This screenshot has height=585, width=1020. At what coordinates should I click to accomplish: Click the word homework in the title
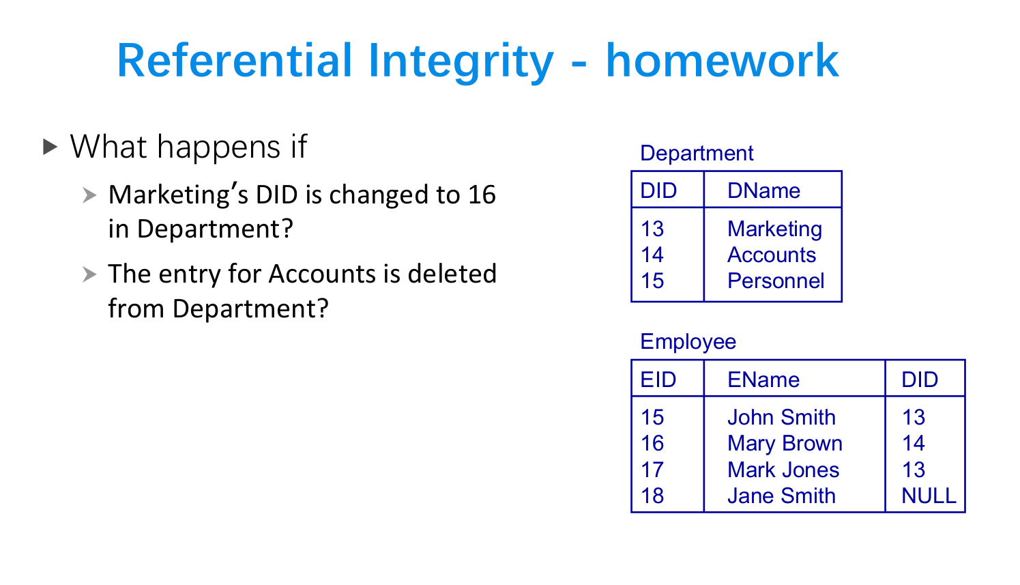[x=722, y=61]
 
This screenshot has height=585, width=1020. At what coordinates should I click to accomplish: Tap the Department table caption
[x=696, y=154]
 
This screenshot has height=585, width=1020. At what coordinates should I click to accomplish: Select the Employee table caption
[x=688, y=342]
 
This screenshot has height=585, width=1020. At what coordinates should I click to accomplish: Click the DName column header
[x=763, y=191]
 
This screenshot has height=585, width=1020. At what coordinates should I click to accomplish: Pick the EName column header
[x=763, y=380]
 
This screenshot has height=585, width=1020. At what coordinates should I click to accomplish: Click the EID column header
[x=658, y=380]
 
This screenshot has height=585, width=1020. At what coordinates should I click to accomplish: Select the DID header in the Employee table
[x=920, y=380]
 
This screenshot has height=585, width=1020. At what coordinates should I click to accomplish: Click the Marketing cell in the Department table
[x=774, y=229]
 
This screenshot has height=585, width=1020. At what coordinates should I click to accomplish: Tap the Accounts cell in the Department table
[x=771, y=255]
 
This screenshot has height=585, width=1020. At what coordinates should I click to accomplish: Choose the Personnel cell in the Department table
[x=776, y=281]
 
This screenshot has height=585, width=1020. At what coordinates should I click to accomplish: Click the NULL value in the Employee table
[x=929, y=496]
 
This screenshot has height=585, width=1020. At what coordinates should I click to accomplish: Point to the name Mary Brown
[x=785, y=444]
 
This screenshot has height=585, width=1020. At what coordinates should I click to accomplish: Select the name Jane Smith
[x=781, y=496]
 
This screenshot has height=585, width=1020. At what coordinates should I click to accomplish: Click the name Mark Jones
[x=783, y=470]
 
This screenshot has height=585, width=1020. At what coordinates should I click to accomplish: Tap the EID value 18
[x=652, y=496]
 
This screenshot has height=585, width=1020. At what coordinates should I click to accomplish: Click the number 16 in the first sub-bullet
[x=482, y=196]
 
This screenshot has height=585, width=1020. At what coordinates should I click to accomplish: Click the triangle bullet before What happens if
[x=50, y=147]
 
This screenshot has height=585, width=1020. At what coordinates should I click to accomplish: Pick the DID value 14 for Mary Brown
[x=913, y=444]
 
